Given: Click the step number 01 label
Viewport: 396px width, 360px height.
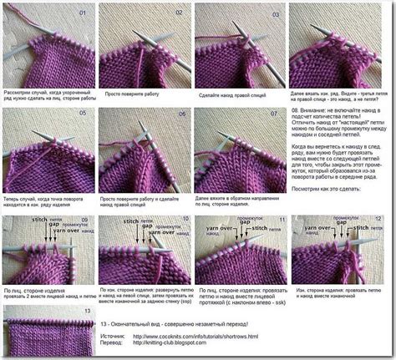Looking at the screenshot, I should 81,14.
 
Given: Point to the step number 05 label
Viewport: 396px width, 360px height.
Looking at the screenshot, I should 81,113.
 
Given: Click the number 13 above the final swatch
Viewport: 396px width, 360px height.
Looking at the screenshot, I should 84,308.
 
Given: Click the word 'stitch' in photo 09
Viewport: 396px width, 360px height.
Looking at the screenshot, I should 38,218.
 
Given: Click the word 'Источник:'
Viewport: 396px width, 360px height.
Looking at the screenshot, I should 112,337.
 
